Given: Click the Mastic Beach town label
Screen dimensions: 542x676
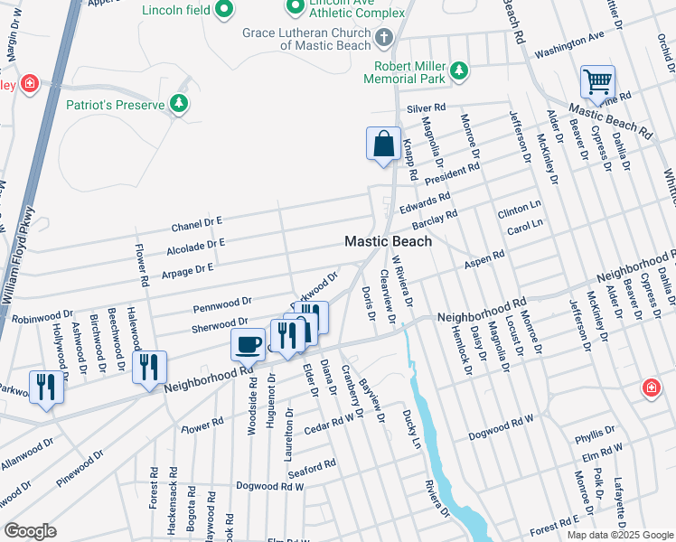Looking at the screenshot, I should coord(388,241).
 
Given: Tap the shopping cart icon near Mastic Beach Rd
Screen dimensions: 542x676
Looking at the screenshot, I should coord(597,82).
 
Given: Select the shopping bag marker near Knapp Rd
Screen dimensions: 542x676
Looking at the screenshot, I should coord(383,145).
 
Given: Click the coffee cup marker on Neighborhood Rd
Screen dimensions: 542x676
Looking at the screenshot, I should coord(248,344).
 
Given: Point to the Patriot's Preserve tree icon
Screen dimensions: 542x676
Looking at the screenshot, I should coord(180,105).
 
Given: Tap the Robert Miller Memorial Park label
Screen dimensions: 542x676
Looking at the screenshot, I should coord(417,73).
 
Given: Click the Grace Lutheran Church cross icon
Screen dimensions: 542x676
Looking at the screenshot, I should coord(384,38).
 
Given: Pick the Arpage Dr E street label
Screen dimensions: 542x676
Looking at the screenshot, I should coord(185,268).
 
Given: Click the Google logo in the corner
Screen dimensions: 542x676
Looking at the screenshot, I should coord(30,530).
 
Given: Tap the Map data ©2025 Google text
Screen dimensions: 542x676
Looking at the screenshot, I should coord(619,535).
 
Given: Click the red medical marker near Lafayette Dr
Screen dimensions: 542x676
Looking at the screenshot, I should coord(650,388).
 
